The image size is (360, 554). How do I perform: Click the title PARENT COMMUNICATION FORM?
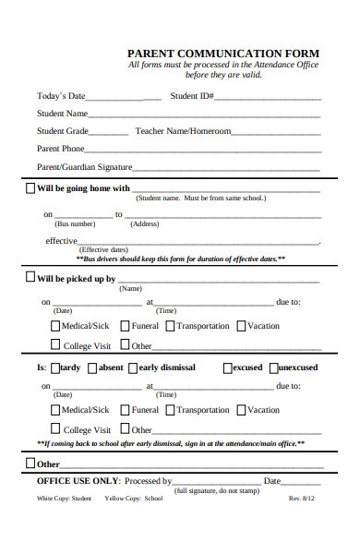(x=223, y=53)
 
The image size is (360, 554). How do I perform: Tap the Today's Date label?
(x=61, y=95)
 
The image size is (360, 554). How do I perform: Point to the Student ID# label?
(x=193, y=95)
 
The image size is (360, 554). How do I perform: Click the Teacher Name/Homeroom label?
(x=183, y=131)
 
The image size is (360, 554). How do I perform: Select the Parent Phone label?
(x=60, y=149)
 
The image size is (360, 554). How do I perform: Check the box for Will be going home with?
(x=30, y=187)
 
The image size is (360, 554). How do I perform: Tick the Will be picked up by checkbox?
(x=30, y=277)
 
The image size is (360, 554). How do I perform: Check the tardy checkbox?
(x=55, y=367)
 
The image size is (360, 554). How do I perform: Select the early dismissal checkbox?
(x=133, y=367)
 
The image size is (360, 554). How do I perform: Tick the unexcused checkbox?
(x=272, y=367)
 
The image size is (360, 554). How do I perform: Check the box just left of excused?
(x=227, y=367)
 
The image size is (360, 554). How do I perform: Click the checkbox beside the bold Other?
(x=30, y=464)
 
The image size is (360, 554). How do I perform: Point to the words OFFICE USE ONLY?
(x=78, y=481)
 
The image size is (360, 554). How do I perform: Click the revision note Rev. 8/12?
(x=302, y=499)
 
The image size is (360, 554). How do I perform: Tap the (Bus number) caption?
(x=75, y=224)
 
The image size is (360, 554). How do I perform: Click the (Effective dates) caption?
(x=103, y=250)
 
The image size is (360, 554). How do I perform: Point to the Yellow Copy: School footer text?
(x=134, y=499)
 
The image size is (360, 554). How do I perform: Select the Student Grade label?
(x=63, y=131)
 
